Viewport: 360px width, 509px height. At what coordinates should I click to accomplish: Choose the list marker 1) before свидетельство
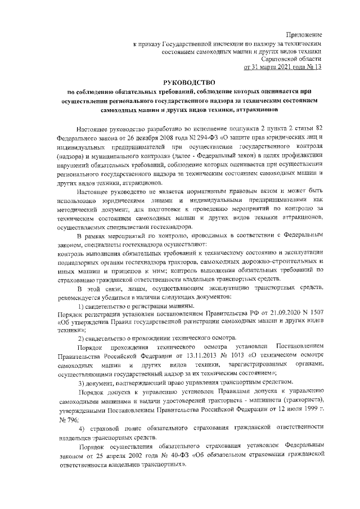click(x=81, y=305)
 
